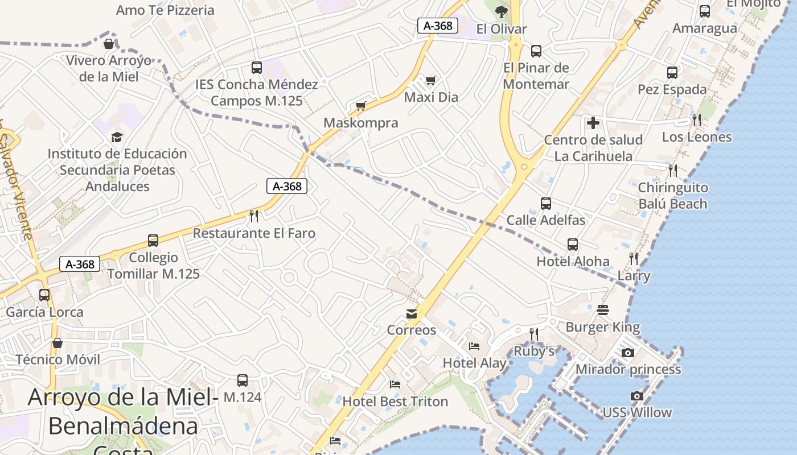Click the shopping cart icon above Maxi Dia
click(x=430, y=80)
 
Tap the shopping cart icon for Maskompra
click(x=360, y=106)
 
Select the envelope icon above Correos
click(x=412, y=313)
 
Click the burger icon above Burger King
click(x=603, y=310)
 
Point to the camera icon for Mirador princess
click(x=628, y=353)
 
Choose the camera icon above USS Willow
click(x=637, y=396)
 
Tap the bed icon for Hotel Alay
click(x=474, y=346)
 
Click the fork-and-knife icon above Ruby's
click(x=533, y=334)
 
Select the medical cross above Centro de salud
click(x=593, y=122)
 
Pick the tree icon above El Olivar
click(x=502, y=11)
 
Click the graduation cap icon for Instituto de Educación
click(x=117, y=137)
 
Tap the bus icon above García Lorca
click(x=44, y=295)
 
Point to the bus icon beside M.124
click(x=243, y=380)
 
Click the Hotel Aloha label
click(x=573, y=262)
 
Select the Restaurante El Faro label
click(x=254, y=233)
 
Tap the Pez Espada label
click(x=672, y=89)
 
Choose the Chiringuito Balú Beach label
click(x=672, y=196)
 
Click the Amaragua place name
click(x=704, y=28)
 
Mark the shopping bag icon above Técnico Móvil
click(x=57, y=343)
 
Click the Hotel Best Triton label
click(x=395, y=402)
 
